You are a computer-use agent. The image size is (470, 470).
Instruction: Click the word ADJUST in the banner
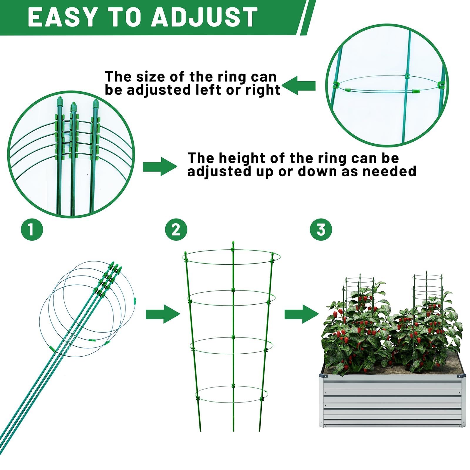[x=204, y=18]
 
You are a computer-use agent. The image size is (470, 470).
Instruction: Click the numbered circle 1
[x=32, y=229]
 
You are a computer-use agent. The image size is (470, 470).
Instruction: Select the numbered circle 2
[x=176, y=229]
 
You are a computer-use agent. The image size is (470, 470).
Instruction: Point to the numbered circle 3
[x=321, y=229]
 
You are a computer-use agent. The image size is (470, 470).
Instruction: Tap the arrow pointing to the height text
[x=160, y=167]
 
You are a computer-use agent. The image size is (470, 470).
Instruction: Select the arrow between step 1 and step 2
[x=162, y=314]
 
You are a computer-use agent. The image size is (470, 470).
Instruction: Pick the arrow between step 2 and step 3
[x=301, y=314]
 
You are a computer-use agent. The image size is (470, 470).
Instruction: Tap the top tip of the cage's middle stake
[x=233, y=243]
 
